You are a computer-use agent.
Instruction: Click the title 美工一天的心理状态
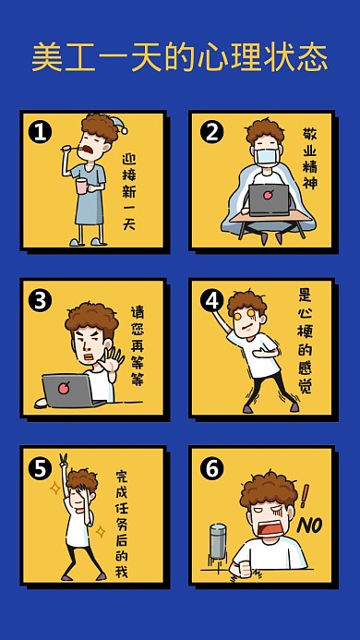[x=179, y=57]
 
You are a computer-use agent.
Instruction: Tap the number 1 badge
[x=39, y=132]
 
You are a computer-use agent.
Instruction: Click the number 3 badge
[x=39, y=300]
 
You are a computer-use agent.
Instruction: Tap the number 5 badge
[x=39, y=468]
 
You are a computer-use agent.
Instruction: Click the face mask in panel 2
[x=267, y=158]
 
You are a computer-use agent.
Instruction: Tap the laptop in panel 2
[x=268, y=199]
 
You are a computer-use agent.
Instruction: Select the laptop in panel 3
[x=66, y=391]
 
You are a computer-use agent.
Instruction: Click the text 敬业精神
[x=310, y=164]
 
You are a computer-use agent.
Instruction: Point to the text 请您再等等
[x=137, y=346]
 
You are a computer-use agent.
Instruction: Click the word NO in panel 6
[x=307, y=525]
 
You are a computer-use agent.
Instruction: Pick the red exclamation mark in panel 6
[x=305, y=496]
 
